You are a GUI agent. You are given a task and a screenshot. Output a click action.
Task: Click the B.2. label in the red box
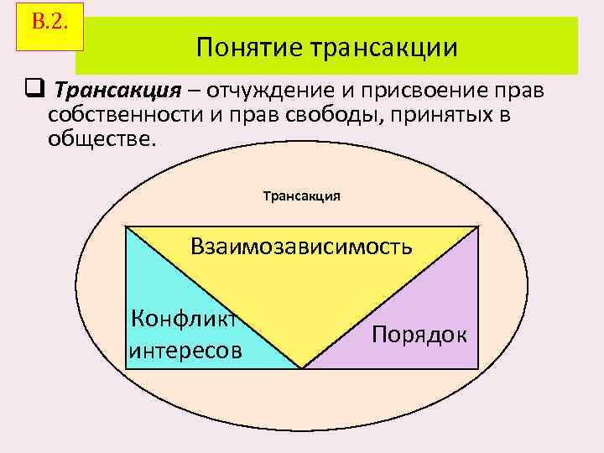48,22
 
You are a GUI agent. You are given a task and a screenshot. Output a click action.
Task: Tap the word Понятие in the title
249,47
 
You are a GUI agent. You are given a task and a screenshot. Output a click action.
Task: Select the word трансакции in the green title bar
384,47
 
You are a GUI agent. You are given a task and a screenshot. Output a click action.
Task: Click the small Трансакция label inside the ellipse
302,195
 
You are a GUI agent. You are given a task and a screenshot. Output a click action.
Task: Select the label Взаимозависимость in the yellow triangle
301,247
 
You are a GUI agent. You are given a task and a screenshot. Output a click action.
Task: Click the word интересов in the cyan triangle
185,349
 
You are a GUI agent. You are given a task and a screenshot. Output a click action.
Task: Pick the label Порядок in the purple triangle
419,334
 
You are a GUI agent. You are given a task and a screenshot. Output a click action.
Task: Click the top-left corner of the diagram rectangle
126,226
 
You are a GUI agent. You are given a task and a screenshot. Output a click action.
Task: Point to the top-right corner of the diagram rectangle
478,226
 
